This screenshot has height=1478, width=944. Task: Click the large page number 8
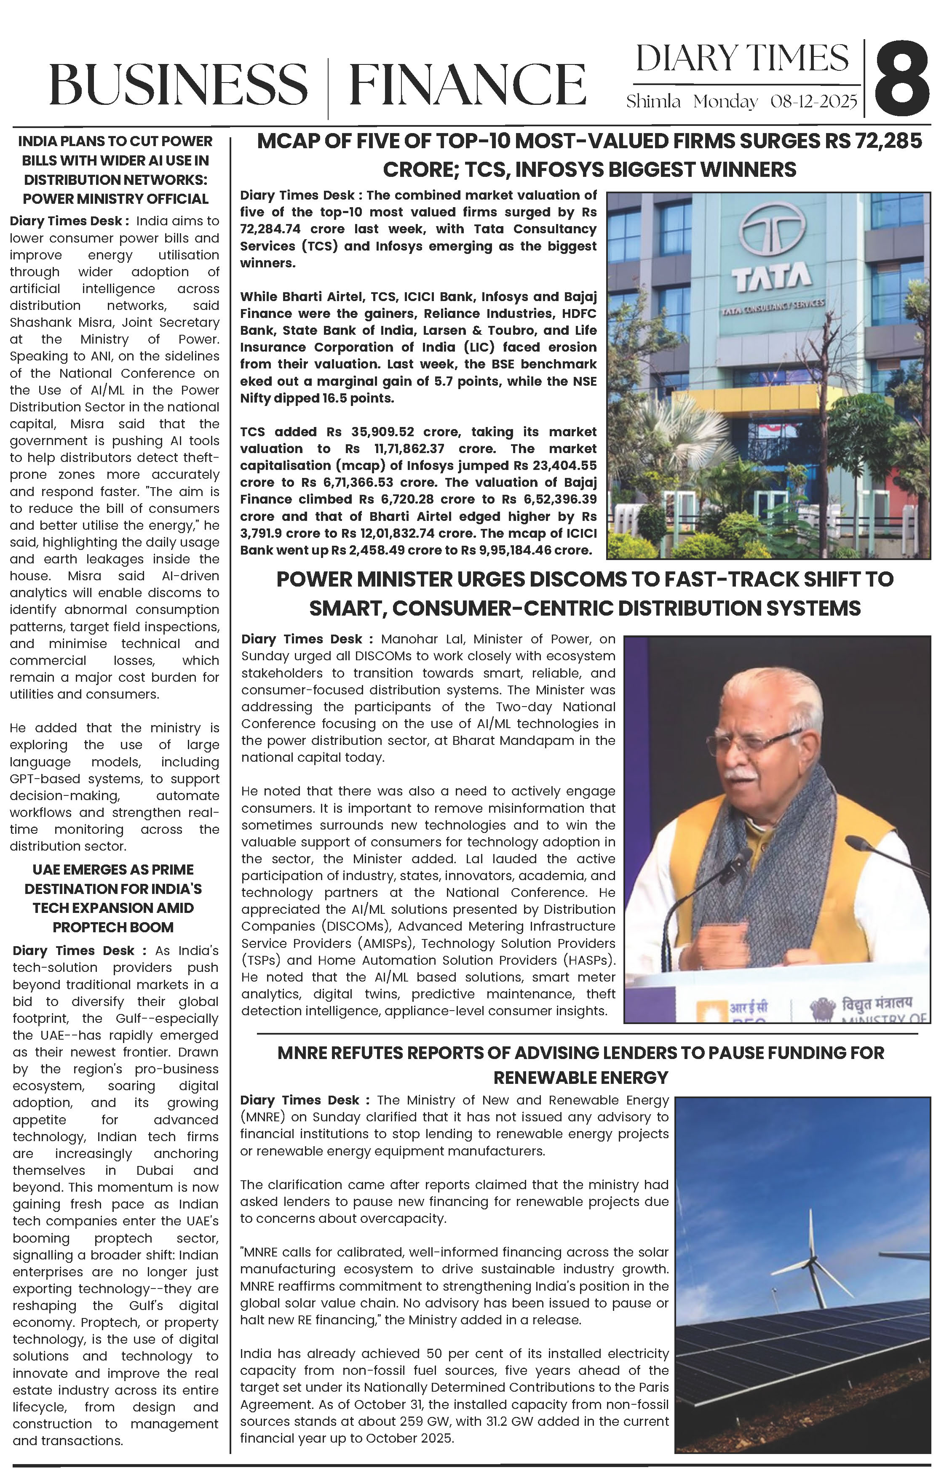[901, 79]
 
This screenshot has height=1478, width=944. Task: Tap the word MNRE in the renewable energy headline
[302, 1053]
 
